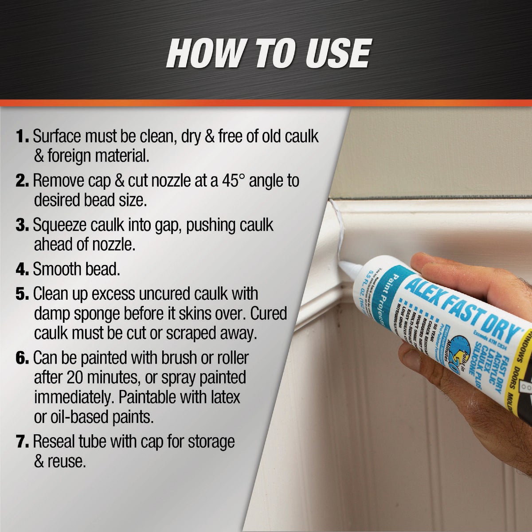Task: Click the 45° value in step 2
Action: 225,180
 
